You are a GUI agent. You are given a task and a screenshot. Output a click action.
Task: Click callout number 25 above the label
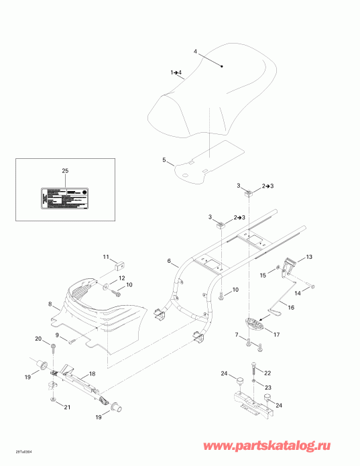[x=65, y=172]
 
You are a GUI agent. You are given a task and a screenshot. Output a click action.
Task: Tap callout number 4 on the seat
[x=196, y=52]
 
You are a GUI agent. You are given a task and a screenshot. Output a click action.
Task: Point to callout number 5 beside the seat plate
[x=164, y=161]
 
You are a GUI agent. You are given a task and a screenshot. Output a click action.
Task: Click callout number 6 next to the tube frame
[x=169, y=260]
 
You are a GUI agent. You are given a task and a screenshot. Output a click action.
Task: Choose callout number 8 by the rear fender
[x=49, y=304]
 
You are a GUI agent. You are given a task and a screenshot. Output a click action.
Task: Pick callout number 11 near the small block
[x=105, y=257]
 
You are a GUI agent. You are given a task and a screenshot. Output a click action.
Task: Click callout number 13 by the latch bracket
[x=310, y=257]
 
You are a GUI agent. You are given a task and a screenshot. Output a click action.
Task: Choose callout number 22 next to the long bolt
[x=267, y=373]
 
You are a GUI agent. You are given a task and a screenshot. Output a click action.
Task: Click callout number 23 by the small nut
[x=267, y=387]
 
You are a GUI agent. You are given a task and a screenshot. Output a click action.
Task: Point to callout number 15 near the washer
[x=263, y=276]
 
